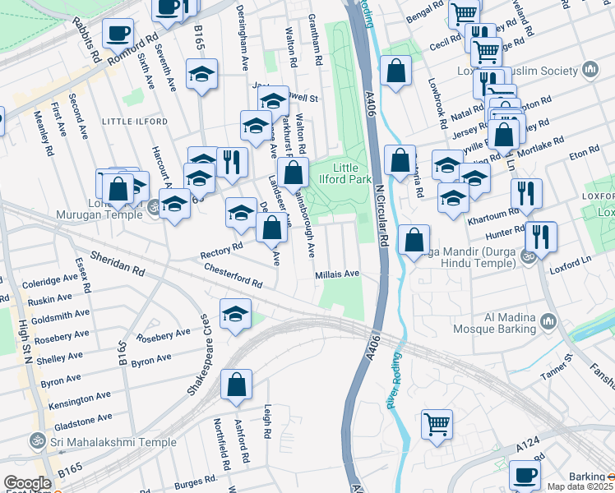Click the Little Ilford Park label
[349, 173]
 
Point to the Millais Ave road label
[337, 274]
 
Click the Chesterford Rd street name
[233, 274]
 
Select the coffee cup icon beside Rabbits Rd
[118, 34]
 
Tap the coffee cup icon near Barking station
[525, 474]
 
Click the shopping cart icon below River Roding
[437, 423]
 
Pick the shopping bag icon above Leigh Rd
[236, 383]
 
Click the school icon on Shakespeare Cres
[235, 314]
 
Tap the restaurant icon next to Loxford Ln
[540, 235]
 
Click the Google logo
[26, 483]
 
